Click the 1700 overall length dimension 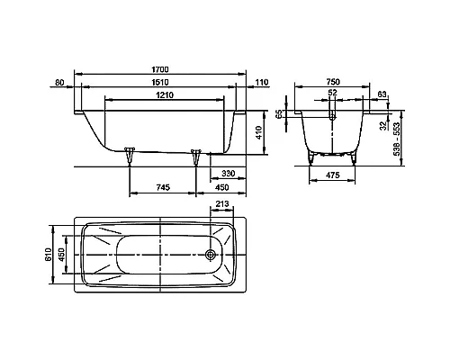point(160,69)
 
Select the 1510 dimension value point(160,82)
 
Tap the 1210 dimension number point(165,95)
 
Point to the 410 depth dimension point(258,132)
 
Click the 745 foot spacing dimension point(163,187)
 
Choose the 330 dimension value point(229,174)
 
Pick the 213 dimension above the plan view point(222,204)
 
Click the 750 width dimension point(333,82)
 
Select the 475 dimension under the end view point(332,175)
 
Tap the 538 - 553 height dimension point(396,139)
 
